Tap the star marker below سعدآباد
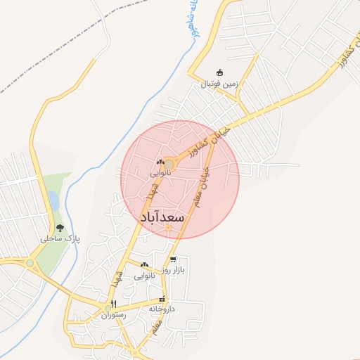coord(168,227)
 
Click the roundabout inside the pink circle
coord(169,165)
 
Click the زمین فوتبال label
coord(220,84)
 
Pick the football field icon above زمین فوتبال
coord(219,73)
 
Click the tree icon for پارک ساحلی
coord(60,228)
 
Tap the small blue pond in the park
coord(53,202)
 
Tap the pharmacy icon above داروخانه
coord(162,299)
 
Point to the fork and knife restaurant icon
coord(113,304)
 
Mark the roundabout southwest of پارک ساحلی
coord(30,264)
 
